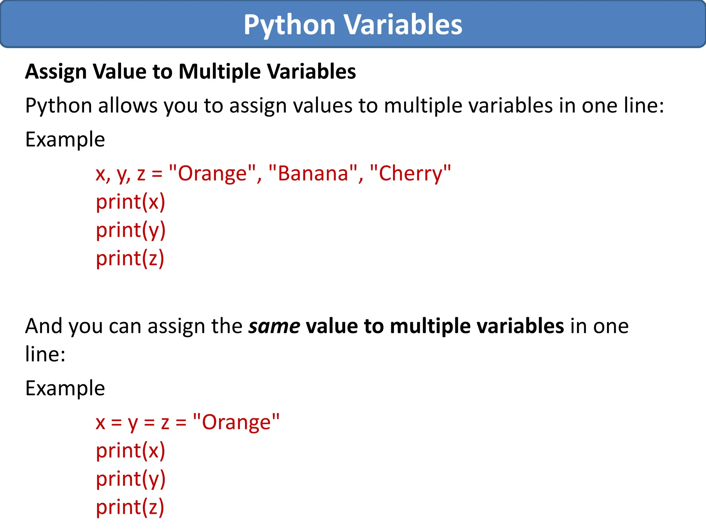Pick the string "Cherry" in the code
410,173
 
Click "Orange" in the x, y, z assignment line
213,173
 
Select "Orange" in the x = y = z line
236,422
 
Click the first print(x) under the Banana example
130,202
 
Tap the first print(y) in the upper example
131,230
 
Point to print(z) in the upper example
130,258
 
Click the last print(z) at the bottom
130,507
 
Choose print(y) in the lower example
131,479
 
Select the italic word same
274,326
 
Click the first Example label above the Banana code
65,139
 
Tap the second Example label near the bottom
65,388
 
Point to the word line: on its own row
45,354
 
